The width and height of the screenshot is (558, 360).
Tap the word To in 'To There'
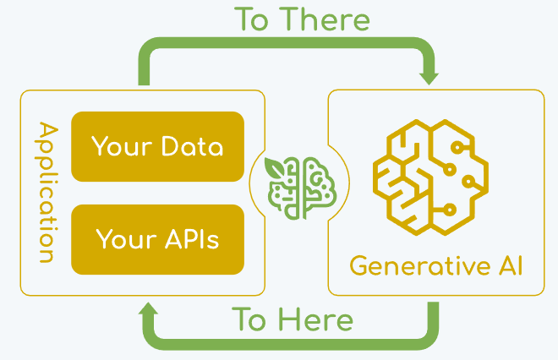pos(256,19)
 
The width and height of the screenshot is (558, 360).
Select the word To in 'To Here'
pos(250,320)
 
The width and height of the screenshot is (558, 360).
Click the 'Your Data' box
pos(157,147)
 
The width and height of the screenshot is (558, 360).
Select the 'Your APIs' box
pos(157,239)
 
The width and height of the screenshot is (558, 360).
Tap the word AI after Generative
pos(506,266)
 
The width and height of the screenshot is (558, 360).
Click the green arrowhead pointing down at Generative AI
pos(429,75)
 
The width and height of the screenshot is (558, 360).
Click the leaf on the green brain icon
pos(275,166)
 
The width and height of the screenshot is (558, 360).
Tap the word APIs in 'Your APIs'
pos(191,239)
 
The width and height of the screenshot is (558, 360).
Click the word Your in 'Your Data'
pos(120,147)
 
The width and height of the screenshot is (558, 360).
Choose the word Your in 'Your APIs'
pos(123,239)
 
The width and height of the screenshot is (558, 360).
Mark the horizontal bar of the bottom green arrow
pos(287,341)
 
